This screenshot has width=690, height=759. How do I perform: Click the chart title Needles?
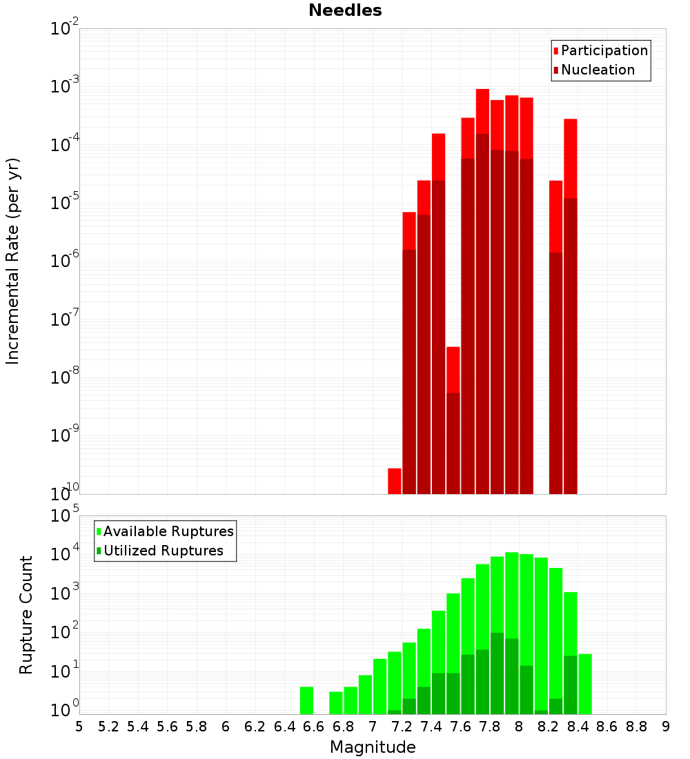[345, 10]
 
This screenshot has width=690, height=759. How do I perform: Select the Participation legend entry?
[600, 50]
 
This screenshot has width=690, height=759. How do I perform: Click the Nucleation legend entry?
[593, 70]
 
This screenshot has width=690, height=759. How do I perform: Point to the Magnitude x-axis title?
[373, 747]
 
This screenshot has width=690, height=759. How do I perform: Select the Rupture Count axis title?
[26, 615]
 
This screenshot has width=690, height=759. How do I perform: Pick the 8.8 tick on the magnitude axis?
[636, 727]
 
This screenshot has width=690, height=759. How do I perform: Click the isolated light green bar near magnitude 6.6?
[306, 700]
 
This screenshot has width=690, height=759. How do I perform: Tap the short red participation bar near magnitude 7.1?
[395, 481]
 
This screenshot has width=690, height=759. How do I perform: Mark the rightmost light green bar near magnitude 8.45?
[585, 684]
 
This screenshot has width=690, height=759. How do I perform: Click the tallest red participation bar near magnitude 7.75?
[482, 110]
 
